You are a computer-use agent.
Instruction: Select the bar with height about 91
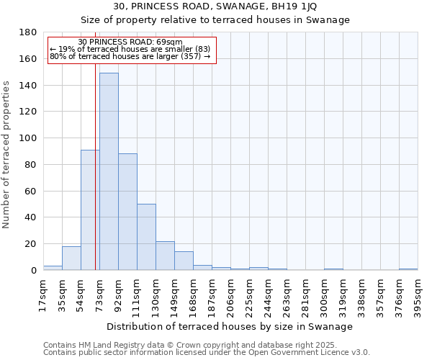point(90,210)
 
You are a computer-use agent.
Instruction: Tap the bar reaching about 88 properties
point(127,212)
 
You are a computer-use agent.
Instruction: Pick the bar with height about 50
point(146,237)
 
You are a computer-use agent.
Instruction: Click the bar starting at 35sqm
point(71,258)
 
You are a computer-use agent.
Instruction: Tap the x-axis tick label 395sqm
point(418,293)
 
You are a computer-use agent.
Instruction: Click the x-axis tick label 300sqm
point(324,293)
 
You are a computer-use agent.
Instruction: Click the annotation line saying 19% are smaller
point(130,49)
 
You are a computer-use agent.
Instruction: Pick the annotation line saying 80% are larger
point(130,56)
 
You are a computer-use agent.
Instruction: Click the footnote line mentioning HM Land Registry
point(189,345)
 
